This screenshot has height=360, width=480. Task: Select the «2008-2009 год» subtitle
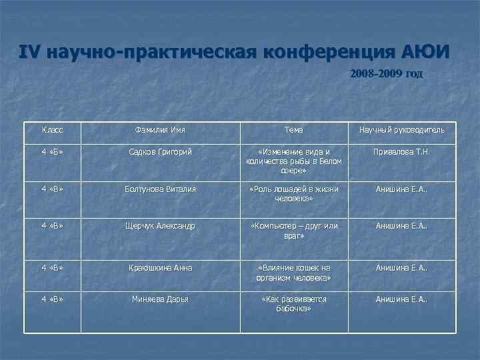click(x=386, y=73)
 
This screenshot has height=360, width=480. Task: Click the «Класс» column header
click(x=53, y=129)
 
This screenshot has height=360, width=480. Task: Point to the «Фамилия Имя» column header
click(x=160, y=129)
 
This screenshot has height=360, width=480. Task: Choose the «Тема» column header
click(x=293, y=129)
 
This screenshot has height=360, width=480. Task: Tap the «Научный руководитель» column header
click(x=403, y=129)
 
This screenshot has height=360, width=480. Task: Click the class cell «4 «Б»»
click(x=53, y=152)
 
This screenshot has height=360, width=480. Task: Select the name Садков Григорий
click(x=160, y=152)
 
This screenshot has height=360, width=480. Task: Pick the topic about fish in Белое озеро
click(x=293, y=161)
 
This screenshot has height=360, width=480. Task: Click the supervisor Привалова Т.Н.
click(x=403, y=152)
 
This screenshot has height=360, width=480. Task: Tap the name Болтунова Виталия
click(x=160, y=189)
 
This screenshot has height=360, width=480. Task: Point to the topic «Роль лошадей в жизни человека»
click(x=293, y=194)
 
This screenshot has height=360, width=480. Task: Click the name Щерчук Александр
click(x=160, y=226)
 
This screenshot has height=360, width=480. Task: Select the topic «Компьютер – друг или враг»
click(x=293, y=231)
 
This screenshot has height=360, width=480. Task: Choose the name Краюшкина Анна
click(x=160, y=268)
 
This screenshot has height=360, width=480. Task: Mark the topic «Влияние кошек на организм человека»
click(x=293, y=273)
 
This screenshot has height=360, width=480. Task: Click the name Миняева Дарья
click(x=160, y=299)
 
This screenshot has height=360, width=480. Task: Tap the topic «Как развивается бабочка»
click(x=293, y=304)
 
